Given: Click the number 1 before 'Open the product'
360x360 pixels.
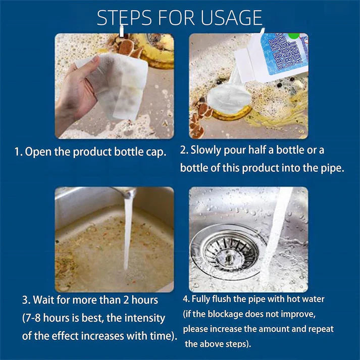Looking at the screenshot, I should [x=17, y=152].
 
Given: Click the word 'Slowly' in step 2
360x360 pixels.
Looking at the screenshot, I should [x=207, y=150].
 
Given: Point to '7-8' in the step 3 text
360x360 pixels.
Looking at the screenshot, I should [x=36, y=318].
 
